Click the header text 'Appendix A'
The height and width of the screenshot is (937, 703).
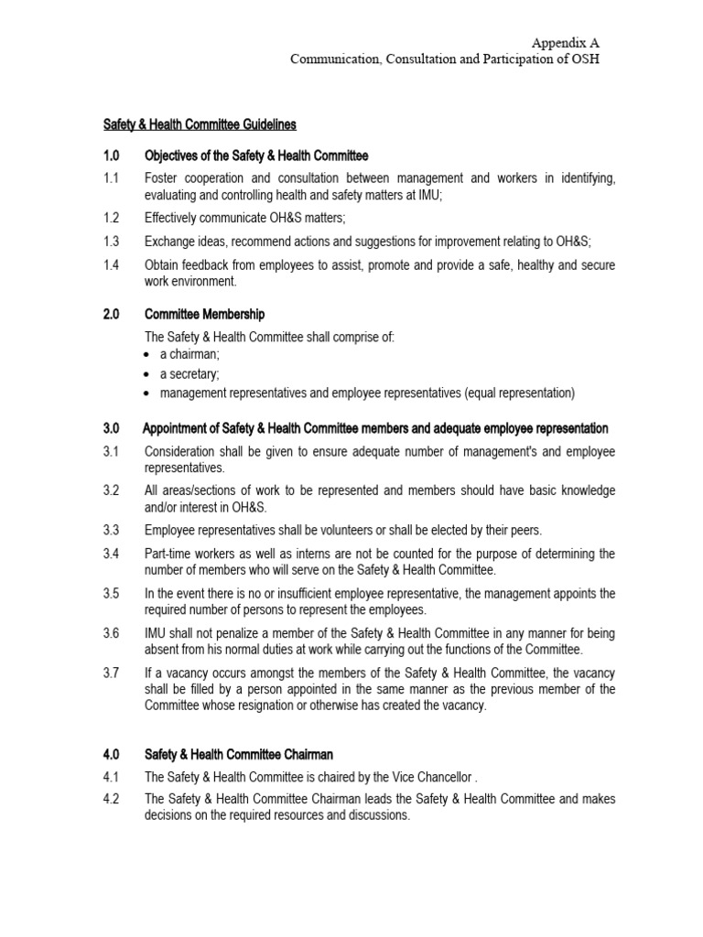[x=567, y=43]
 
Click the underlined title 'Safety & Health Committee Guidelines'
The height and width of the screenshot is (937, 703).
[x=199, y=124]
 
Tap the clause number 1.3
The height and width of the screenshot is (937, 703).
[x=111, y=242]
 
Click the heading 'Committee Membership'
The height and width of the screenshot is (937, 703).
[x=205, y=314]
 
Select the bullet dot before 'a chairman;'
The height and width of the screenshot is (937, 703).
[x=149, y=355]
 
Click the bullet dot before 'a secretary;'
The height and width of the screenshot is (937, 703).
[x=149, y=374]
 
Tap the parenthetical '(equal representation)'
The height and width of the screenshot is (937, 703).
[x=519, y=393]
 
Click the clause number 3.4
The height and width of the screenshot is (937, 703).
[x=111, y=554]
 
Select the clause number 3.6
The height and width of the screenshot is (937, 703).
[x=111, y=633]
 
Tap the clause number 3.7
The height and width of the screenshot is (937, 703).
[x=111, y=673]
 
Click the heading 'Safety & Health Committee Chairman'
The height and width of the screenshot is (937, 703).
[x=239, y=755]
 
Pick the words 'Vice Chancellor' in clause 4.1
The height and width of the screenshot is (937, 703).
[x=427, y=777]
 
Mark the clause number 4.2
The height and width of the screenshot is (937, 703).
[x=111, y=799]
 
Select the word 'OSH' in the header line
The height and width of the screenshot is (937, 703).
[x=584, y=59]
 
